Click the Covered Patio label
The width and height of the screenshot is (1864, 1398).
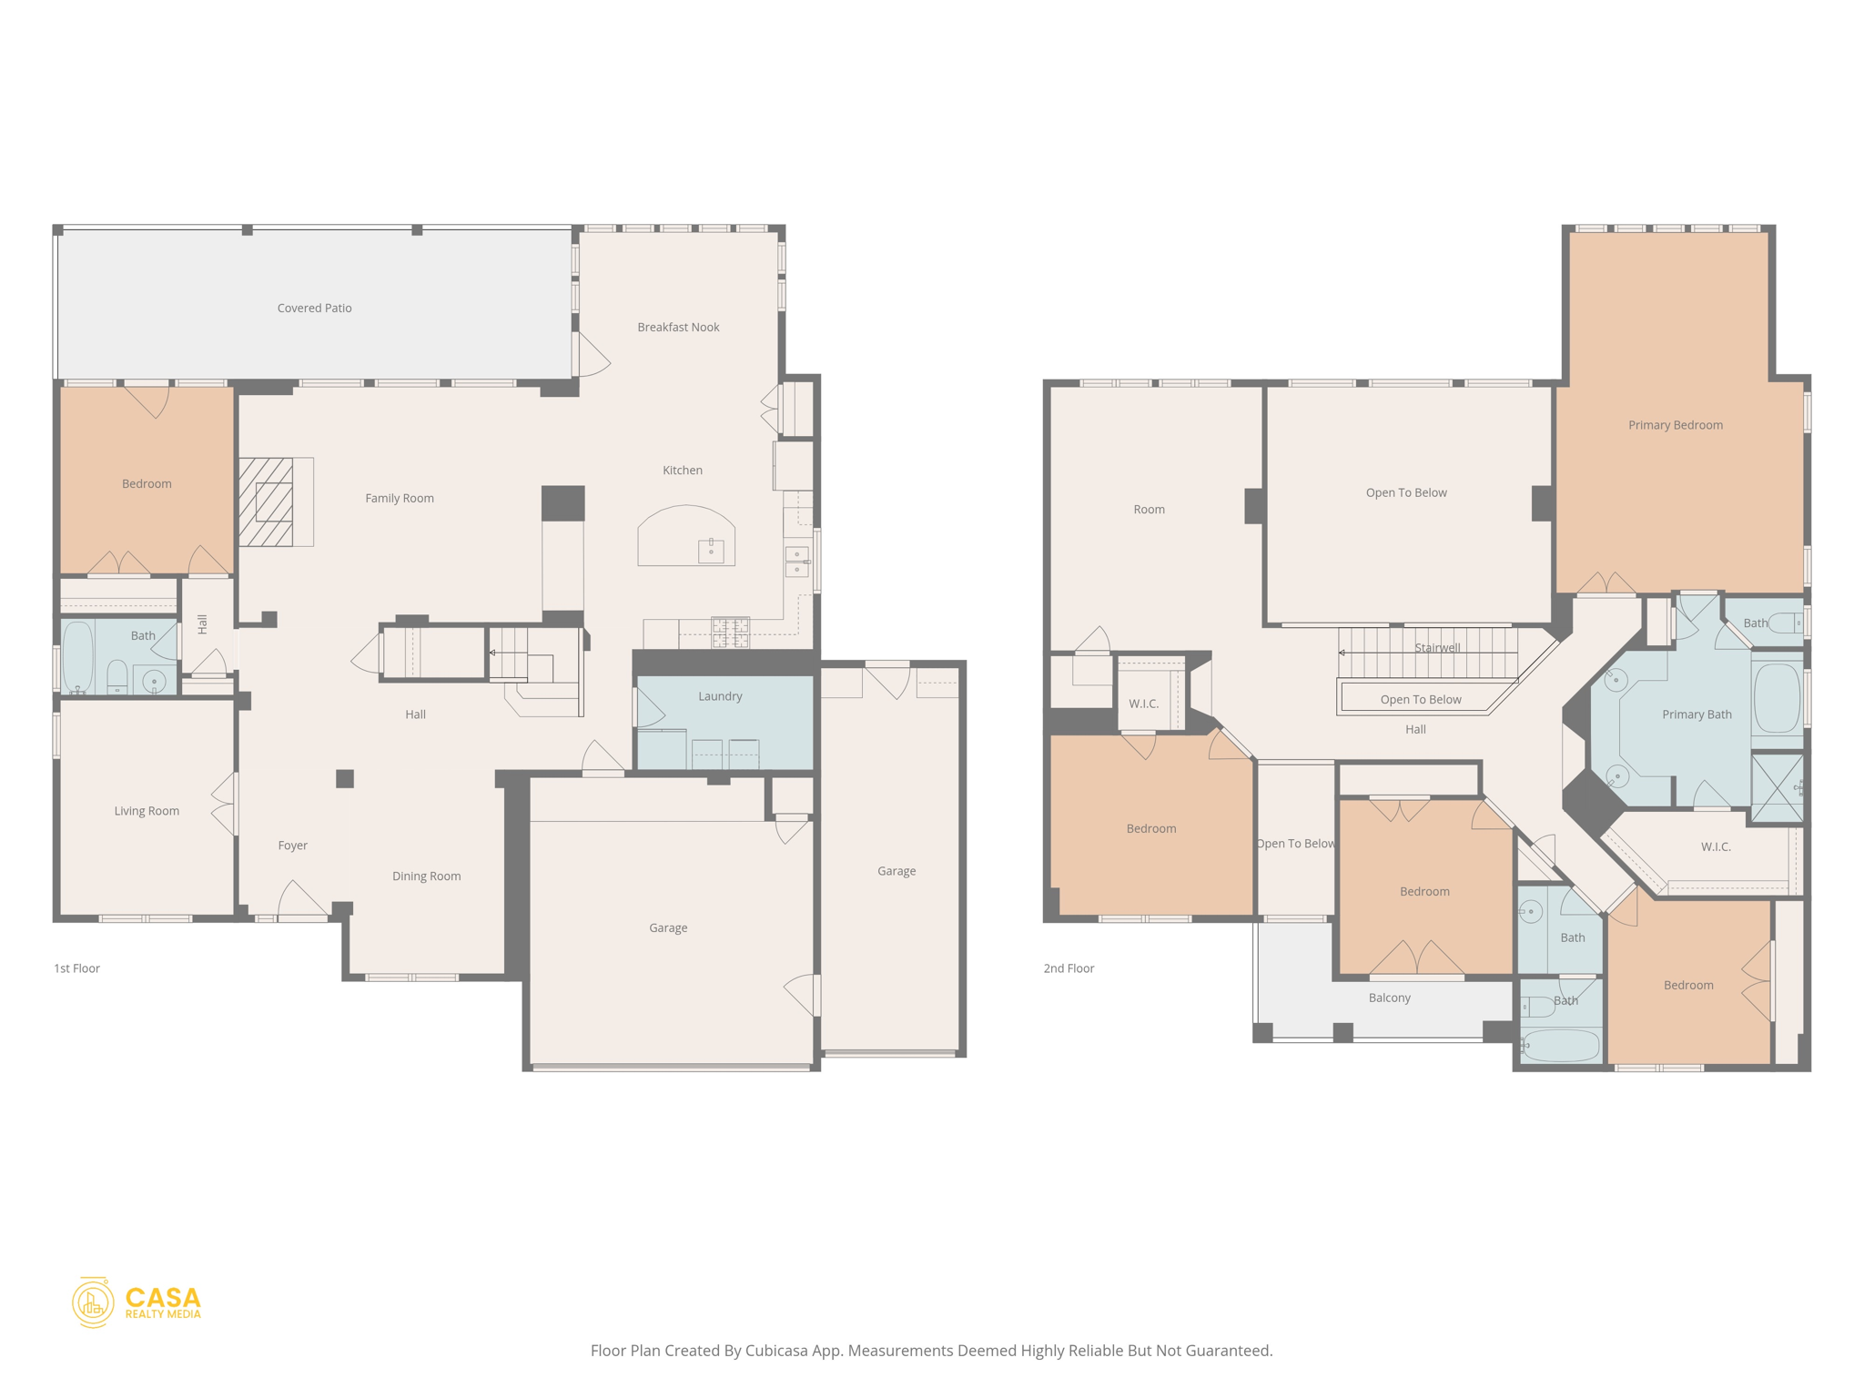(314, 309)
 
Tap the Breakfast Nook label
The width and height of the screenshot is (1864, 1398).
(678, 328)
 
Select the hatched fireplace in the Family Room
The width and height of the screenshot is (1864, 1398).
(267, 502)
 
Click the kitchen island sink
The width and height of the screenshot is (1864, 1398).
(711, 550)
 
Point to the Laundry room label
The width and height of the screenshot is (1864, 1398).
(720, 696)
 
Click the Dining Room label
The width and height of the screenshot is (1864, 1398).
(426, 876)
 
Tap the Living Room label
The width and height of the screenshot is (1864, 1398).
(147, 811)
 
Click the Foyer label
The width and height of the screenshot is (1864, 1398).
(292, 846)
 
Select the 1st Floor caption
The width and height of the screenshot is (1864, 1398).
(76, 968)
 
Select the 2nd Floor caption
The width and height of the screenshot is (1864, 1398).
(1069, 968)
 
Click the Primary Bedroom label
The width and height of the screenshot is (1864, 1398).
(1675, 425)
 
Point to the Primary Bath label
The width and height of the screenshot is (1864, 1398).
(1697, 714)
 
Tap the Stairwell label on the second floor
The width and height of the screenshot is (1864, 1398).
(1437, 648)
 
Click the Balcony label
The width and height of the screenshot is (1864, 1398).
(1389, 998)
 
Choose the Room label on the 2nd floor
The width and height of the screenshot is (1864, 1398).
(1149, 510)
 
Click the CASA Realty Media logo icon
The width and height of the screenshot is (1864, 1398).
(93, 1302)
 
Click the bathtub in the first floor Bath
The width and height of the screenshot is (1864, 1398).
(78, 654)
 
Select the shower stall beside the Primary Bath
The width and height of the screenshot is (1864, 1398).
(1777, 787)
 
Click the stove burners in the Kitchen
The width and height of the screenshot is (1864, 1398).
(730, 632)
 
